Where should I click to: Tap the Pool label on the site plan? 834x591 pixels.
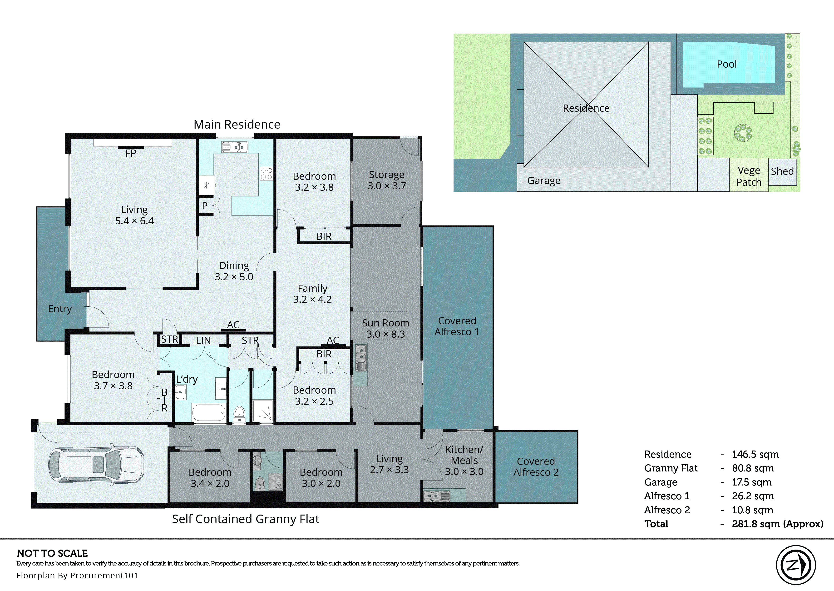coord(726,65)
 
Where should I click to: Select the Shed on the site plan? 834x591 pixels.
coord(782,171)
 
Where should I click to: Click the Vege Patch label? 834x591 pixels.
coord(749,176)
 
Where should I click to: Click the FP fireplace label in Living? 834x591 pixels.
coord(131,153)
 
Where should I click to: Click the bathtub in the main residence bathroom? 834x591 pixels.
coord(209,413)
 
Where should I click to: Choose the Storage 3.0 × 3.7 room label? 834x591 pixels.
coord(386,180)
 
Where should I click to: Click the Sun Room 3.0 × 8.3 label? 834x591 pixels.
coord(385,328)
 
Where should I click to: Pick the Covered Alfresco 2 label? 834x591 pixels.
coord(536,466)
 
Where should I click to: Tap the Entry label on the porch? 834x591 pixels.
coord(60,309)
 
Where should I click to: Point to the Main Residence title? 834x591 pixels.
coord(237,125)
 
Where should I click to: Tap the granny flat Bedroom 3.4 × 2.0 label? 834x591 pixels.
coord(210,477)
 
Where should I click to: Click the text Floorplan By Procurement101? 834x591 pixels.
coord(77,575)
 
